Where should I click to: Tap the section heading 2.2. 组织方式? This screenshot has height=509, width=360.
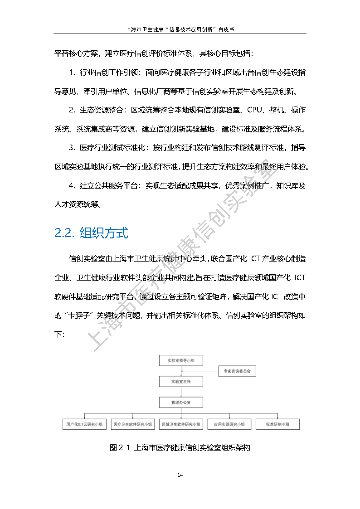point(91,233)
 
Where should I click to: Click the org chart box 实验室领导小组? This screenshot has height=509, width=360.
point(181,360)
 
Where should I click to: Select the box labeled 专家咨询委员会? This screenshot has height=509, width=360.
point(237,371)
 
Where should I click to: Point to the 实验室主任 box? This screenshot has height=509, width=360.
point(181,382)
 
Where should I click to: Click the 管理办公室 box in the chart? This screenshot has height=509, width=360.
point(181,402)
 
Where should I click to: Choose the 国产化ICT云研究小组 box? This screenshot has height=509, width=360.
point(84,425)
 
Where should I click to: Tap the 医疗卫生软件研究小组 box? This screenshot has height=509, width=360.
point(133,425)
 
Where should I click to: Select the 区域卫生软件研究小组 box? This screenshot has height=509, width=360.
point(181,425)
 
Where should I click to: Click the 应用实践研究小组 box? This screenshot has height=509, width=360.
point(229,425)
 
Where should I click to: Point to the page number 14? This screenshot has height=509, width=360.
point(180,475)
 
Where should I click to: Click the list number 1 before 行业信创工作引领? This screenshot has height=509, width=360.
point(72,73)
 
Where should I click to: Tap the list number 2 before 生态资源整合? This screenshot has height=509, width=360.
point(72,110)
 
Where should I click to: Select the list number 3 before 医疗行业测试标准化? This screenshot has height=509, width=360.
point(72,148)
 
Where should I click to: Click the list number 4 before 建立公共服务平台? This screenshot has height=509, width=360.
point(72,185)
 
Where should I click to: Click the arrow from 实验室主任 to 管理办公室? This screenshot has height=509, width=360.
point(181,392)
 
